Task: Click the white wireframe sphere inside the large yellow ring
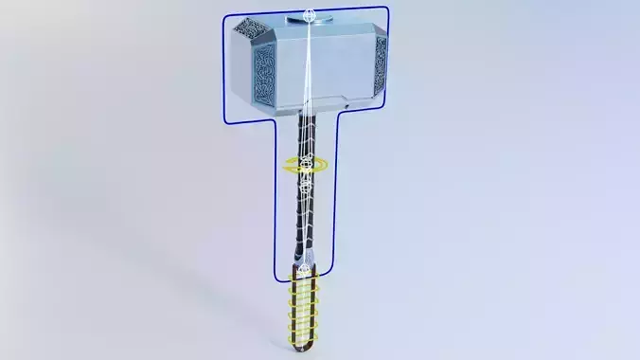tap(306, 166)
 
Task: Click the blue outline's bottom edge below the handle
tap(302, 281)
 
